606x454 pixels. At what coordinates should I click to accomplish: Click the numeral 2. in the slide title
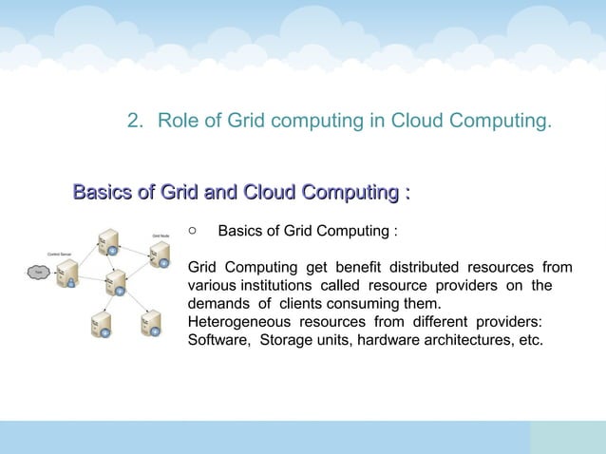click(x=137, y=122)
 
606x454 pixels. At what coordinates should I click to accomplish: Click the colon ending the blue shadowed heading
click(x=407, y=194)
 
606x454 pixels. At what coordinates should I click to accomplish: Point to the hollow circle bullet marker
click(x=192, y=230)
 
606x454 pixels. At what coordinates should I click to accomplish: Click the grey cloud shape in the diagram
click(x=38, y=273)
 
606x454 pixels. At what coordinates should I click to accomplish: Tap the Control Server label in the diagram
click(x=62, y=253)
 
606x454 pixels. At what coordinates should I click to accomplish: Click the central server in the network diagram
click(x=116, y=282)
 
